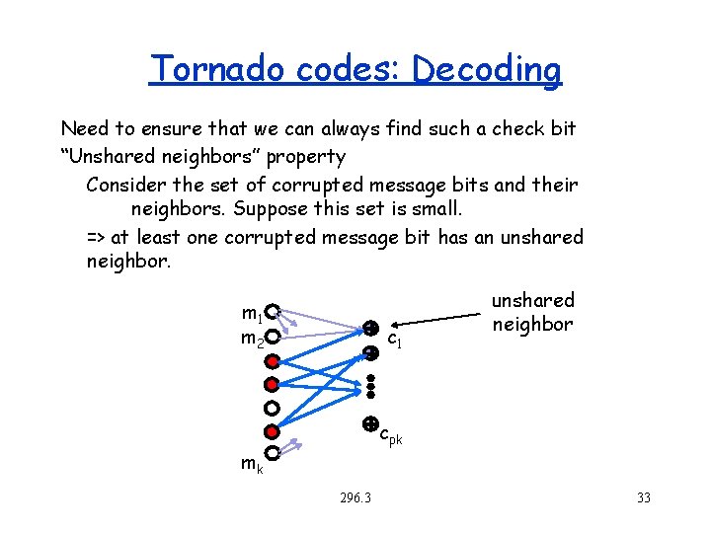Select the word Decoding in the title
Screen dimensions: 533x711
point(487,69)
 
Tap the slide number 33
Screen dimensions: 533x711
point(643,497)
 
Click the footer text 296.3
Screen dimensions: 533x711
point(353,497)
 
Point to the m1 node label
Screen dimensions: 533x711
point(251,315)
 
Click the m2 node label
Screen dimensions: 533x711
point(252,339)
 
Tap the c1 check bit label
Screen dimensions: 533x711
point(393,341)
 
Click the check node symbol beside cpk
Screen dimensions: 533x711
point(370,424)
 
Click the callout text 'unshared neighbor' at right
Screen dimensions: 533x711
point(532,312)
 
